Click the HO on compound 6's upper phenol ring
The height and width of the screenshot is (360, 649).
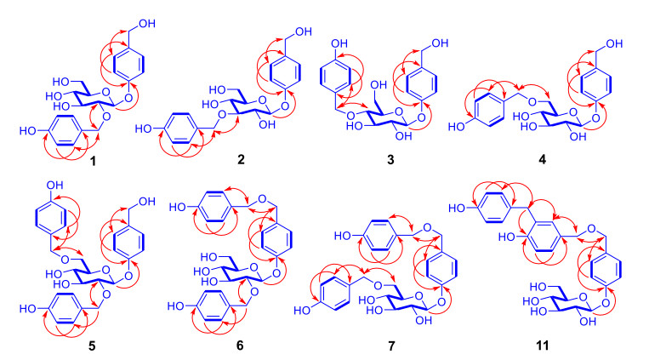[x=180, y=207]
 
